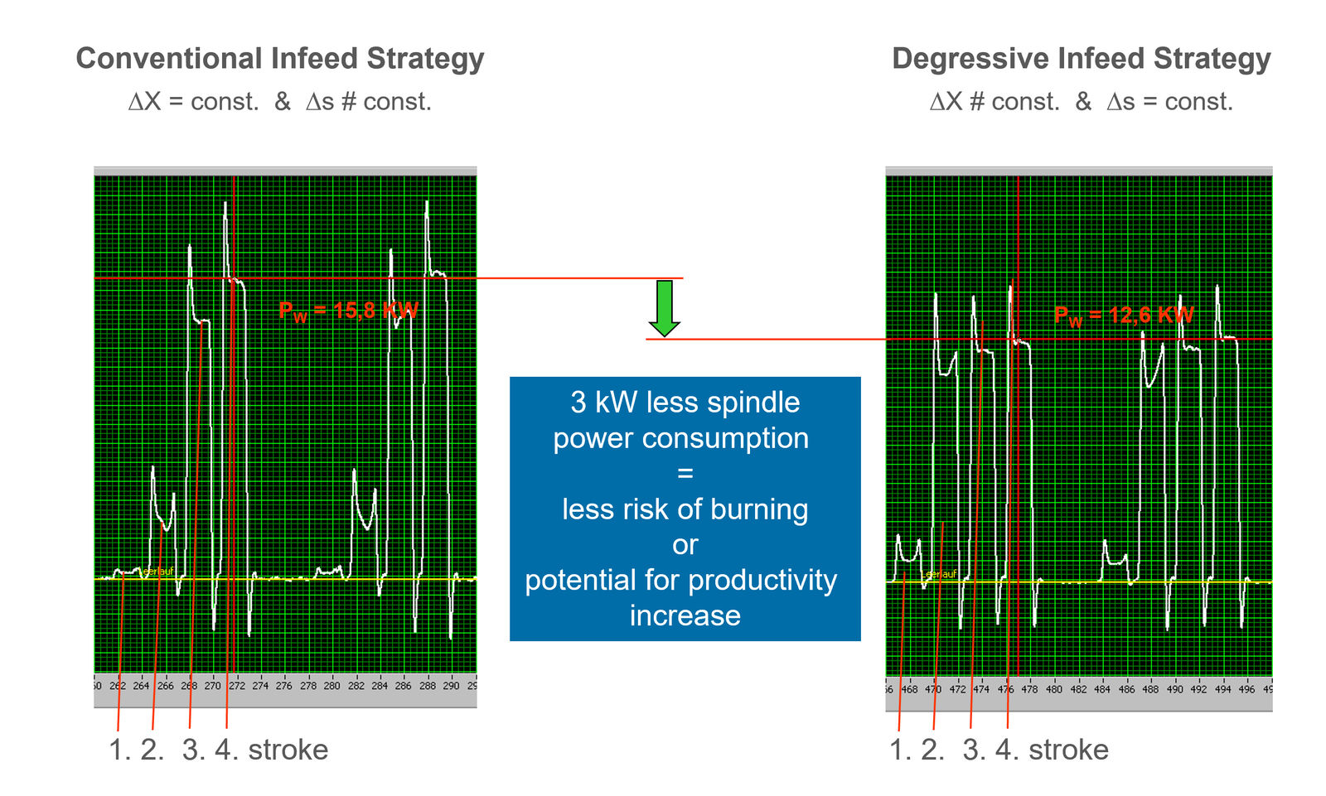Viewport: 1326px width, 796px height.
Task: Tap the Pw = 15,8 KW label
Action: coord(348,311)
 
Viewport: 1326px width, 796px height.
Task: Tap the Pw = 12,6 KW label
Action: coord(1123,316)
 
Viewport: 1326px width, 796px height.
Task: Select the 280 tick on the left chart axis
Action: coord(331,686)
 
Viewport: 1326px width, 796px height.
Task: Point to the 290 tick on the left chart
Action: coord(450,686)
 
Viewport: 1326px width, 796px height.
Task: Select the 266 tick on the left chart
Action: coord(165,686)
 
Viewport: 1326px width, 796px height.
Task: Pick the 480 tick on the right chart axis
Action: coord(1053,689)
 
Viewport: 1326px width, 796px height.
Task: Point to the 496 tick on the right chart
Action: coord(1246,689)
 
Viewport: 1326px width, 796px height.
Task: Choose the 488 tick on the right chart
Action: coord(1150,689)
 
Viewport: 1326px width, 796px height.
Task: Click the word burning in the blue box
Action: coord(757,509)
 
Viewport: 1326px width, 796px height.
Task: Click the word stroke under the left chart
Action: coord(288,750)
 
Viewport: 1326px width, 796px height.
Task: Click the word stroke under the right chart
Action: coord(1068,750)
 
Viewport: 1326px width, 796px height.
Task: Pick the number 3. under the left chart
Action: coord(193,750)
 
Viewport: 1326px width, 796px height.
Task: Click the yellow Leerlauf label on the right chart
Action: coord(939,574)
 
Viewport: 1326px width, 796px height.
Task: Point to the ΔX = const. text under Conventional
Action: coord(193,102)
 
